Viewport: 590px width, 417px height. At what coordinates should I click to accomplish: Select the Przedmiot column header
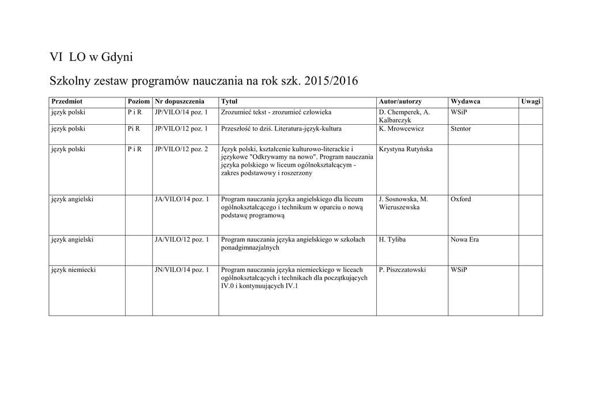tap(67, 101)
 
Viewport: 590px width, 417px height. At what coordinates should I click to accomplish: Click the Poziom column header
tap(138, 101)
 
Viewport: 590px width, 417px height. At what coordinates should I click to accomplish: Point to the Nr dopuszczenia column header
tap(176, 101)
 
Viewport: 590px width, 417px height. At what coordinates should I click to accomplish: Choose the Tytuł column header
tap(230, 101)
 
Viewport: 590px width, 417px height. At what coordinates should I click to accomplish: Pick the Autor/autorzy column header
tap(400, 101)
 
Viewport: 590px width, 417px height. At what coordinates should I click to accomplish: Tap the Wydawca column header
tap(466, 101)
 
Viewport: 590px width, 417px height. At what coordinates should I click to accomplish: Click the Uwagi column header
tap(531, 101)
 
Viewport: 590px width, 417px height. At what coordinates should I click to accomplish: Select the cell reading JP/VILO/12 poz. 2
tap(181, 149)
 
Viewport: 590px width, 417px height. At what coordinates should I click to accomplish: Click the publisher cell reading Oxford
tap(460, 199)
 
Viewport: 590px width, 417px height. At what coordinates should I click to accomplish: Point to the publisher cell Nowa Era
tap(464, 239)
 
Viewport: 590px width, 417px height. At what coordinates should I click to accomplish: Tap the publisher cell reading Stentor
tap(460, 129)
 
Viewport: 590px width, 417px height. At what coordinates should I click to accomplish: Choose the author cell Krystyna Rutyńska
tap(406, 149)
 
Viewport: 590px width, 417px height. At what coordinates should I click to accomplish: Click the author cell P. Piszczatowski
tap(402, 269)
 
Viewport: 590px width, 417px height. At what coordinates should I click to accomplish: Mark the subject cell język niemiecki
tap(73, 269)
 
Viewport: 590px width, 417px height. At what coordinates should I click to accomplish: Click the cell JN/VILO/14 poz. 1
tap(182, 269)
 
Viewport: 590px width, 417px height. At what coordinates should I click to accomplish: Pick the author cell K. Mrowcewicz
tap(402, 129)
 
